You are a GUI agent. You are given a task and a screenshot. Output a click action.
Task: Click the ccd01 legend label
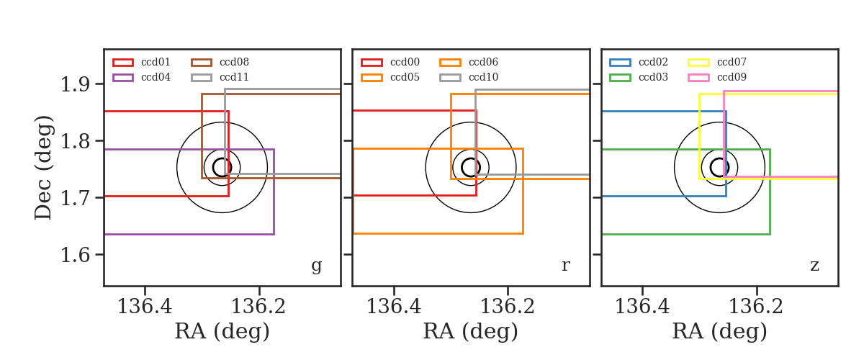156,62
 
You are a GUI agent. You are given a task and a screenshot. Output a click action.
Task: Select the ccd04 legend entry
156,78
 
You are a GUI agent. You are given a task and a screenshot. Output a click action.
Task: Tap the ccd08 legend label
234,62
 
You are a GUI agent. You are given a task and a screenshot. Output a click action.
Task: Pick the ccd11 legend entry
234,78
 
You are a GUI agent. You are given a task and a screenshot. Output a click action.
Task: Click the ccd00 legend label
405,62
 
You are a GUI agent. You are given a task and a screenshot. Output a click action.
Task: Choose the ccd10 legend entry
483,78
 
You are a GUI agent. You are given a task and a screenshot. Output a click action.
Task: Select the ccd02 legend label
653,62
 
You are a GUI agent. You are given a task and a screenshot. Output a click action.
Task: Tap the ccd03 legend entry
653,78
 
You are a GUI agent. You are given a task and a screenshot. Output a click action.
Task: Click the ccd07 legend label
732,62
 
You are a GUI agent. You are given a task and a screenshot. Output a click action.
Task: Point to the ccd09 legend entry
732,78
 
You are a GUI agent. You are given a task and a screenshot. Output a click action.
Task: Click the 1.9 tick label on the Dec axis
75,84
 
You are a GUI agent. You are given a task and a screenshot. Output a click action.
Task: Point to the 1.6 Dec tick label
75,255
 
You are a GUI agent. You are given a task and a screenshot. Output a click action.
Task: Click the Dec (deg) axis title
42,168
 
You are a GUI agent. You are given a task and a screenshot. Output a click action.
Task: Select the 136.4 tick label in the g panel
145,307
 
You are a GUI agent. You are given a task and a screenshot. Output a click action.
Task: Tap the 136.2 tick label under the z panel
756,307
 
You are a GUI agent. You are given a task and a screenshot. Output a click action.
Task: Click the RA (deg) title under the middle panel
471,331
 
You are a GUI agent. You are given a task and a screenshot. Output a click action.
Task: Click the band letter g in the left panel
316,266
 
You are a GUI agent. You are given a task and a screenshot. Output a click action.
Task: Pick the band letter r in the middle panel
565,265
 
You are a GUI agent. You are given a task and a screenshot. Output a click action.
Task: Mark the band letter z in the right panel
814,266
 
